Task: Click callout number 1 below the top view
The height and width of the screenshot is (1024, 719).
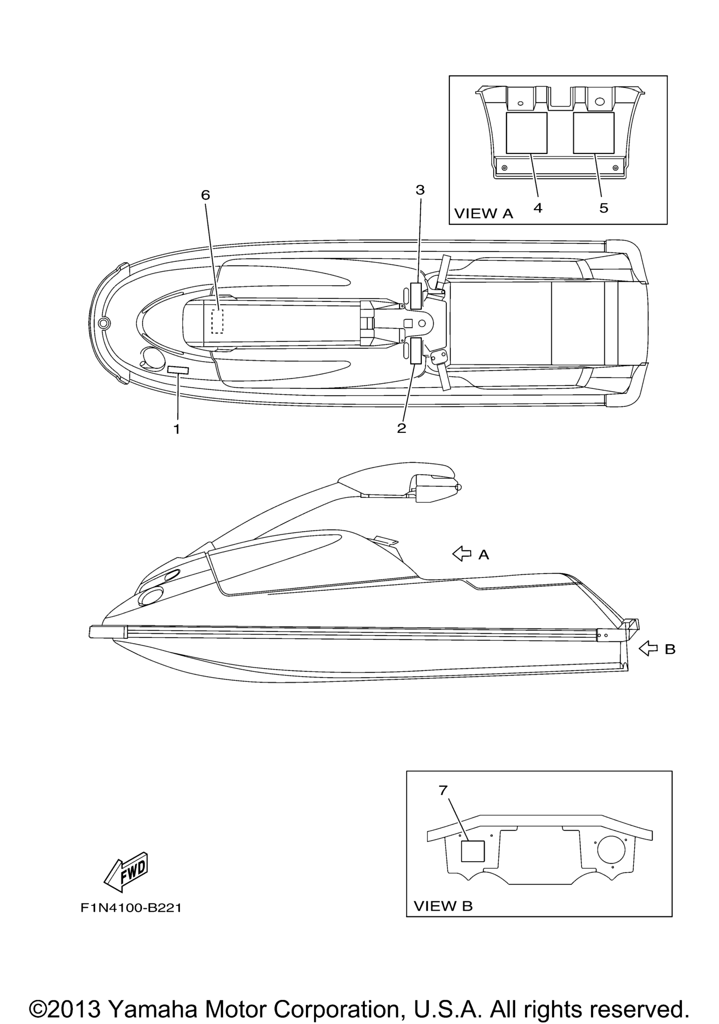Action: (x=177, y=429)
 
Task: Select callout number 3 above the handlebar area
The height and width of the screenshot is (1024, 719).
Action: (x=420, y=190)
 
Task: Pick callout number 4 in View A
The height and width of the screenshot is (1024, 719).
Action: (x=538, y=208)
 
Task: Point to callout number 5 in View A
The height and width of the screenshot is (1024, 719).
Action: (x=603, y=208)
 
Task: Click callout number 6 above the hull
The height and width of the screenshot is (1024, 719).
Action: (x=205, y=195)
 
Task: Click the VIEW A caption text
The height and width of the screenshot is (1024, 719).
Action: (x=484, y=214)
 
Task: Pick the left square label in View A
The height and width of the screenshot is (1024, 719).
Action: (x=526, y=133)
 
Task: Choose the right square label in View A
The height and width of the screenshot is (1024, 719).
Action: (x=593, y=133)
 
